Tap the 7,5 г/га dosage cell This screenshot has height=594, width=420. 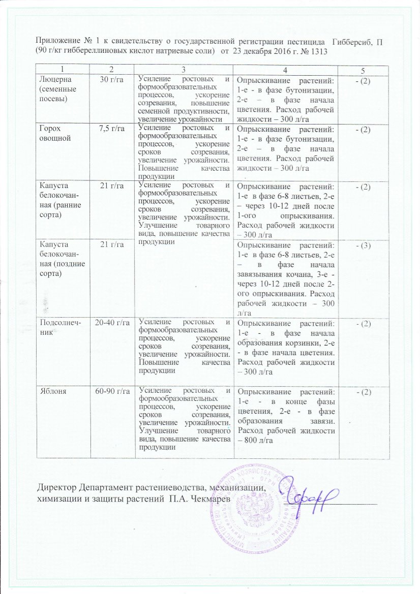(x=112, y=126)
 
